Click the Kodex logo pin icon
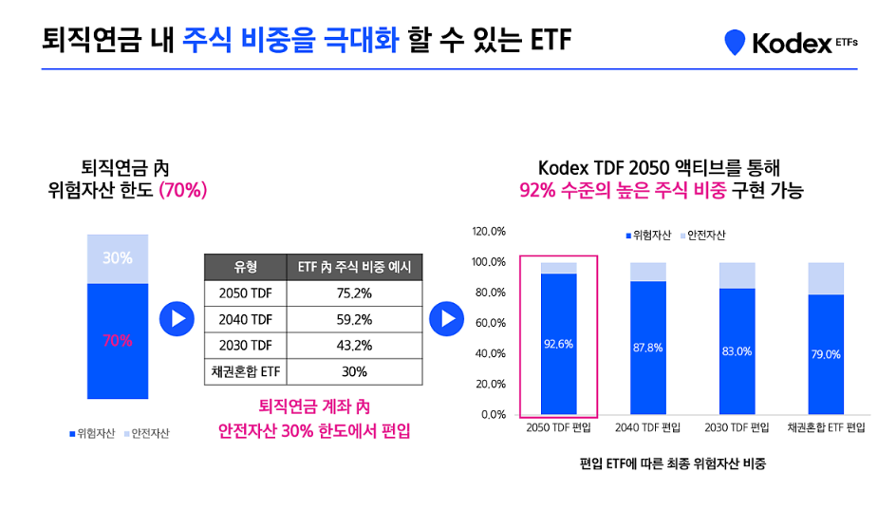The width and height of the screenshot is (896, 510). [735, 43]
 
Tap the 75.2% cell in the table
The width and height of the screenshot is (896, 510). [354, 293]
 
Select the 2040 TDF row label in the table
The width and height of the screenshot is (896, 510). [245, 319]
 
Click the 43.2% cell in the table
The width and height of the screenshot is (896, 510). [354, 345]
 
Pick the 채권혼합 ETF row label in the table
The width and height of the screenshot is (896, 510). [245, 371]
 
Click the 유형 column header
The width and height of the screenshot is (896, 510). [245, 267]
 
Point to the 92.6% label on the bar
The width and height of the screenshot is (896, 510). [558, 345]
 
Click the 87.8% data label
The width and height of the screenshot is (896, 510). [647, 349]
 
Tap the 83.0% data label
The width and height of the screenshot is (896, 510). [737, 351]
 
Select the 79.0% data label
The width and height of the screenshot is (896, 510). [826, 354]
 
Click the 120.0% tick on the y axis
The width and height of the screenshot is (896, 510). [490, 232]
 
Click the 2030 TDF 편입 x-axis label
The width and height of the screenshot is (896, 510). [737, 428]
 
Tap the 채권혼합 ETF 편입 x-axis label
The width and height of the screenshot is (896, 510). [827, 428]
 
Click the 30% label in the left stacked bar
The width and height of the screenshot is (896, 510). [118, 257]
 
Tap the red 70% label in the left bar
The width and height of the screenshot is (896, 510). [118, 341]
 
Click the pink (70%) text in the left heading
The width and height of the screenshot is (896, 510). [183, 190]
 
